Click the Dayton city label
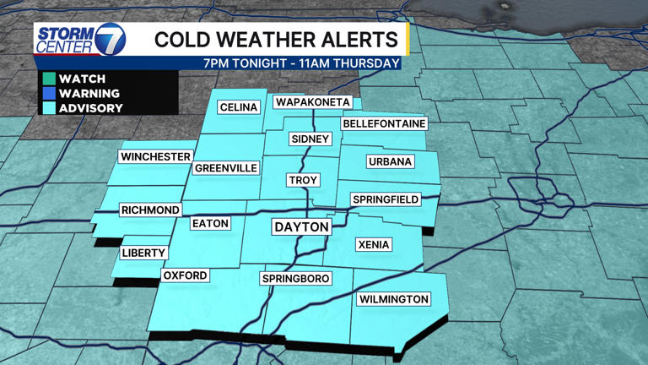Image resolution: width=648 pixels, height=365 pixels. [x=301, y=226]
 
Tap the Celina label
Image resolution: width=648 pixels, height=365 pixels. [x=239, y=107]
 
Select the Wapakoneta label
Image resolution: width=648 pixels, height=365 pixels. [x=312, y=102]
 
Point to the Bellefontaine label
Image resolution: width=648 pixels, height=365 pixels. [x=384, y=123]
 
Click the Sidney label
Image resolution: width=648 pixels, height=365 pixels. [x=310, y=139]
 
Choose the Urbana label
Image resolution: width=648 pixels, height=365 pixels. [x=390, y=161]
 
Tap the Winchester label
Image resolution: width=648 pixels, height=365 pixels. [x=155, y=156]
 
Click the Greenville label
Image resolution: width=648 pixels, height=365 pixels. [x=226, y=168]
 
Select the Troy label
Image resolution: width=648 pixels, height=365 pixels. [x=303, y=180]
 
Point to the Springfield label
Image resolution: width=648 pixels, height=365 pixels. [x=386, y=199]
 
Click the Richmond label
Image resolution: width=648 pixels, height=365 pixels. [x=150, y=210]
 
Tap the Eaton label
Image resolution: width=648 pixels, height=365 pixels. [x=210, y=223]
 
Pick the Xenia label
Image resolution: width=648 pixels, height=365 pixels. [x=374, y=244]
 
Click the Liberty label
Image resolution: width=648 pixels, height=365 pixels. [x=143, y=253]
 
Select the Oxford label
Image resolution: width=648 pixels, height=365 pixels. [x=185, y=275]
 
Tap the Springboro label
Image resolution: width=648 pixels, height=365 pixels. [x=295, y=278]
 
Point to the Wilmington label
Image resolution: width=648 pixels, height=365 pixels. [x=393, y=299]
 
